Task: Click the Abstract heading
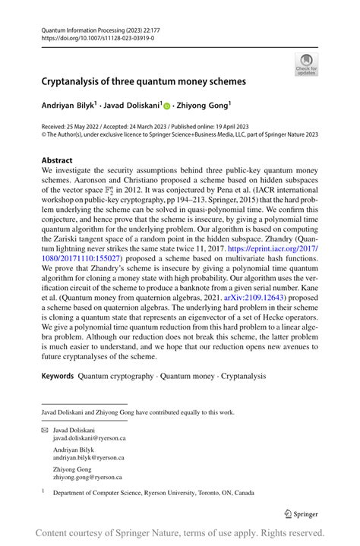coord(58,160)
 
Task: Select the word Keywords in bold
coord(57,376)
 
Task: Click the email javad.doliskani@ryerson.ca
coord(89,438)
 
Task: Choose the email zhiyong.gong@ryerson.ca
coord(87,477)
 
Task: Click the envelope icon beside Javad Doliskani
coord(45,429)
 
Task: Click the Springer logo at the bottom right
coord(301,512)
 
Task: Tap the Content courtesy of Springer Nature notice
coord(180,532)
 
